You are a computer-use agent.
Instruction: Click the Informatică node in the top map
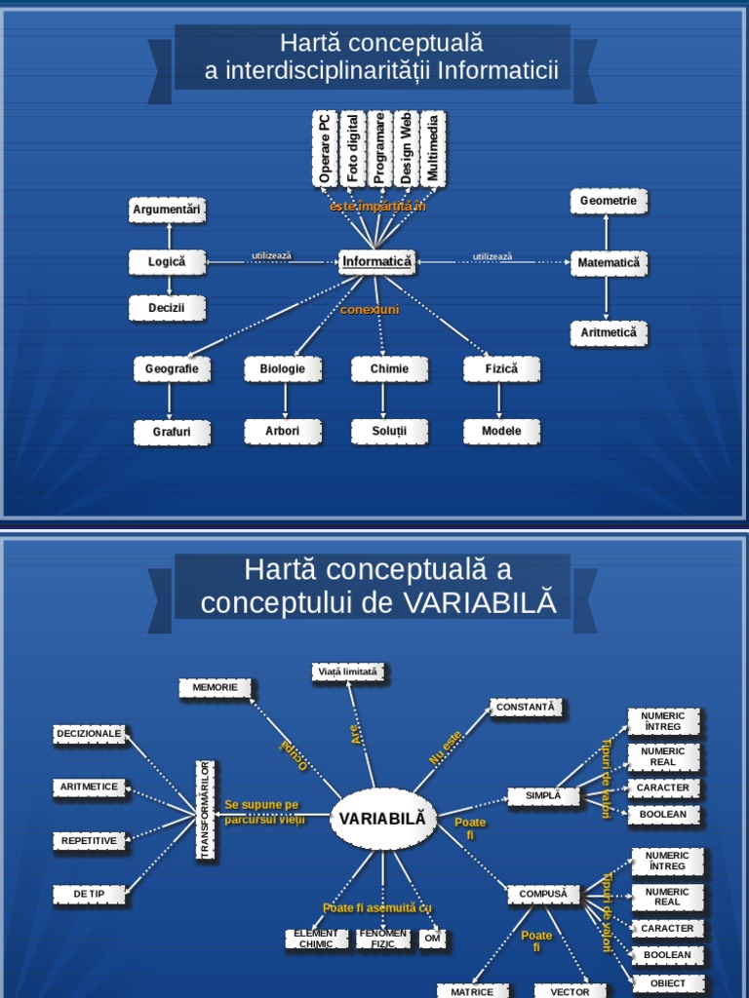(377, 261)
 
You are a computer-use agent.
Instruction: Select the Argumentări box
(168, 210)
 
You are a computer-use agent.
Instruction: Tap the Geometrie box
(609, 201)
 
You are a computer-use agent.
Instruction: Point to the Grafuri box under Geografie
(172, 431)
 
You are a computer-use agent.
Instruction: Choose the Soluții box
(389, 431)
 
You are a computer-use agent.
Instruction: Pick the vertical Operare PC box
(325, 148)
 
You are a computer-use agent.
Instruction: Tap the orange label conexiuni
(370, 310)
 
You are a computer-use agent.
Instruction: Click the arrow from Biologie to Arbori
(285, 400)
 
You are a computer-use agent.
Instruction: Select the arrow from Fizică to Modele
(500, 400)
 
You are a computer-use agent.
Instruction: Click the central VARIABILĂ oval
(383, 819)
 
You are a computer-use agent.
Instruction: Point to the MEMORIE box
(215, 688)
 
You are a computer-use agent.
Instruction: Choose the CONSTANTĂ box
(526, 708)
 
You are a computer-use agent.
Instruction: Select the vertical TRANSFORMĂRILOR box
(206, 811)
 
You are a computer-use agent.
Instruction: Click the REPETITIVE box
(89, 840)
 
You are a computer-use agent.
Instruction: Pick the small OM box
(433, 939)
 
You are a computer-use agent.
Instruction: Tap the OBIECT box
(668, 983)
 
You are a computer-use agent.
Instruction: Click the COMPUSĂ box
(543, 894)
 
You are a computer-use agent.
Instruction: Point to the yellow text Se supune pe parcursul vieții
(263, 812)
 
